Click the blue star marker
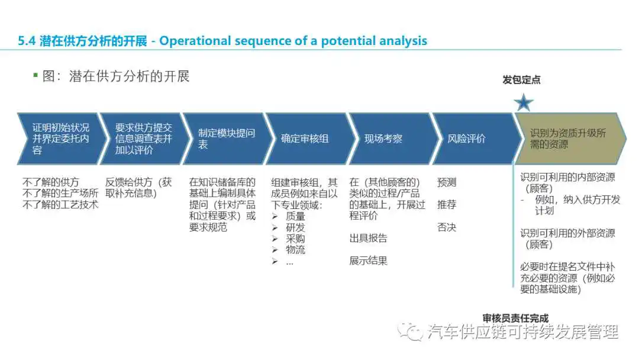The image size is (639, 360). click(523, 102)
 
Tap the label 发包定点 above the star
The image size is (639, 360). click(521, 80)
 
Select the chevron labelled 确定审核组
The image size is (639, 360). click(308, 139)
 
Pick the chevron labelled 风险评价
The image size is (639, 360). click(475, 139)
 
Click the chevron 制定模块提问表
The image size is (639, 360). click(225, 139)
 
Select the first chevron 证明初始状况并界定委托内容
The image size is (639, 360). click(60, 139)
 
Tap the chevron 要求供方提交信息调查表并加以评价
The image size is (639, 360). click(143, 139)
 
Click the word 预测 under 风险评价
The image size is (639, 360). click(447, 182)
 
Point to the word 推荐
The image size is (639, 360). click(447, 205)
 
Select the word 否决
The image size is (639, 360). click(447, 227)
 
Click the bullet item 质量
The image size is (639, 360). click(295, 216)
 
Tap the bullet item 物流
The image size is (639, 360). click(295, 249)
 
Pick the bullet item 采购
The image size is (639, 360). click(295, 239)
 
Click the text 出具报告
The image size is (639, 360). click(369, 239)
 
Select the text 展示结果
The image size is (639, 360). click(369, 261)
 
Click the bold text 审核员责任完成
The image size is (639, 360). click(515, 318)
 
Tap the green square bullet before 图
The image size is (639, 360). click(35, 75)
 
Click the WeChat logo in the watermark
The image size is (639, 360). click(411, 332)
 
